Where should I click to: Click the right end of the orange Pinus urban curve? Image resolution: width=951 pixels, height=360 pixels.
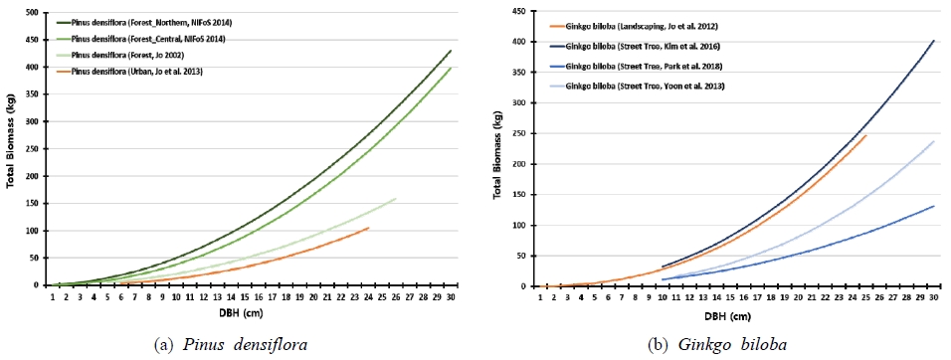[368, 228]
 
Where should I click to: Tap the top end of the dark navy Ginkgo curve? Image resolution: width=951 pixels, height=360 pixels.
[934, 41]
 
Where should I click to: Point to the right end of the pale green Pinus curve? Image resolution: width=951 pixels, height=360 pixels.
[396, 198]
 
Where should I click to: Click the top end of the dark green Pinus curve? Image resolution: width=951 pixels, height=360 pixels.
[451, 51]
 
